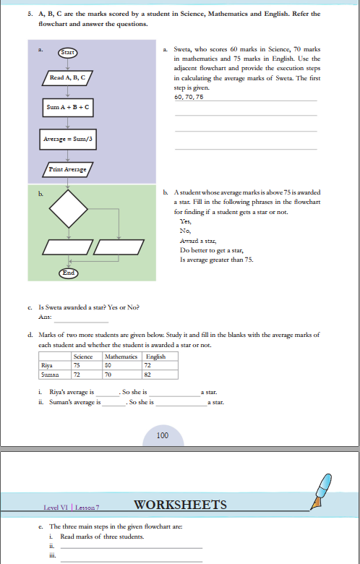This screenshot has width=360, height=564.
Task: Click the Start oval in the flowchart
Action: tap(67, 52)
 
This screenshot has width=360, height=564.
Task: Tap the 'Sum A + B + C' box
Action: tap(67, 108)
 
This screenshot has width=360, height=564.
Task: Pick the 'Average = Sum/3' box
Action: tap(68, 138)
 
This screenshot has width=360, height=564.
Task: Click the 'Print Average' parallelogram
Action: tap(67, 169)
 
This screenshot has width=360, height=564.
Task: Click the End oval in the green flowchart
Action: tap(68, 273)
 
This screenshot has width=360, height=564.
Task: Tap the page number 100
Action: tap(162, 435)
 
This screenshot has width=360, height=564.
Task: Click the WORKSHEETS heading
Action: tap(181, 505)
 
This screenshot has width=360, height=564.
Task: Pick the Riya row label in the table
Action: tap(48, 365)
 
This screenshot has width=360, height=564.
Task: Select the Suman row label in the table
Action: tap(51, 375)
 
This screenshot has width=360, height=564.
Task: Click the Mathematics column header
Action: tap(121, 356)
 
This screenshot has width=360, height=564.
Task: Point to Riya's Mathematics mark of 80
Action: tap(110, 365)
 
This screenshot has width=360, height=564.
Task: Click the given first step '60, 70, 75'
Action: tap(189, 96)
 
